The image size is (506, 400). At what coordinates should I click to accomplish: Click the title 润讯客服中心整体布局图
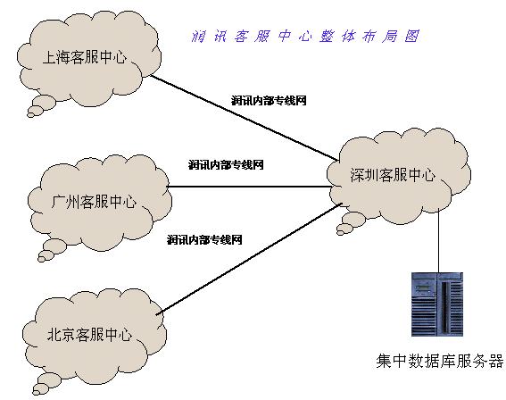(x=305, y=36)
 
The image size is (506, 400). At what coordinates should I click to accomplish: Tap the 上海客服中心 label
(x=85, y=57)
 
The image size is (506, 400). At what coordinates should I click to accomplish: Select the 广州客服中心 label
(x=94, y=202)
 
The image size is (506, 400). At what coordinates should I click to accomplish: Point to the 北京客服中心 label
(x=90, y=334)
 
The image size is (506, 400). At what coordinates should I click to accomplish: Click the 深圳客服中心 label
(x=393, y=175)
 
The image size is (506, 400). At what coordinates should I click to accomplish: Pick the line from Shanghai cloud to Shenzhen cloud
(x=245, y=118)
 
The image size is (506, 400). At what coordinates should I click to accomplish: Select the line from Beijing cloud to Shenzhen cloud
(x=249, y=258)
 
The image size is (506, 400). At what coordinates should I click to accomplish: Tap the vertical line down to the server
(x=438, y=241)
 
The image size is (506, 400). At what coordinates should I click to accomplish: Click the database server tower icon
(x=437, y=304)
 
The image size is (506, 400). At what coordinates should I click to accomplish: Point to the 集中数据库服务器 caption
(x=440, y=361)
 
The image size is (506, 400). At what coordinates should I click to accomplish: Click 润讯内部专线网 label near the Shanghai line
(x=269, y=101)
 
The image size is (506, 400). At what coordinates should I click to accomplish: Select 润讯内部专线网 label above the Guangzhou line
(x=226, y=165)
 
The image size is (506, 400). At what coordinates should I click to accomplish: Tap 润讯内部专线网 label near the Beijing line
(x=204, y=240)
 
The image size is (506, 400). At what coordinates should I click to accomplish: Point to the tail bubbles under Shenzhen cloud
(x=349, y=225)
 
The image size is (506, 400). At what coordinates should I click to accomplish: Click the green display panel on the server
(x=422, y=287)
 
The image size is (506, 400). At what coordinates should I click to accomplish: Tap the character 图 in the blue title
(x=412, y=36)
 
